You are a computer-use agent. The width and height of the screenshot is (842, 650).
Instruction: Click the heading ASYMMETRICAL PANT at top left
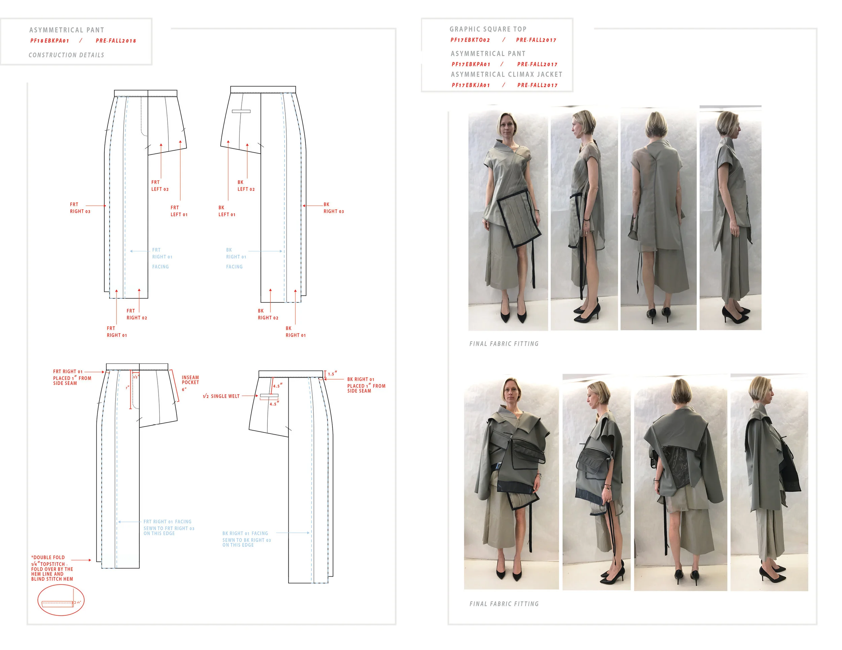click(67, 30)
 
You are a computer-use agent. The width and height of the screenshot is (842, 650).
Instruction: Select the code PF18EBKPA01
click(50, 41)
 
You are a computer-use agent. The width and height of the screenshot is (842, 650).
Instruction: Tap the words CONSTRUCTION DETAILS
click(66, 55)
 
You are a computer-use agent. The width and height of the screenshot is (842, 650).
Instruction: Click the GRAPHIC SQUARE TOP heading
click(488, 29)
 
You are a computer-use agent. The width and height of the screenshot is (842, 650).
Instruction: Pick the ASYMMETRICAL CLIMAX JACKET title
click(506, 74)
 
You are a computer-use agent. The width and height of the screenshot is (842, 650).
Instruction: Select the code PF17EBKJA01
click(471, 85)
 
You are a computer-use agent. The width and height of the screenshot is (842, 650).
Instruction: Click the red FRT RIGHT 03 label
click(80, 208)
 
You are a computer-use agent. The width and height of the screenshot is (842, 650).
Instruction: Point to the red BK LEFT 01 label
click(227, 211)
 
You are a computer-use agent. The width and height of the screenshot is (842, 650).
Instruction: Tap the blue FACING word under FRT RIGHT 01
click(160, 266)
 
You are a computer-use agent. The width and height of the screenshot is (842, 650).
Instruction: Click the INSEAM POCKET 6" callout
click(190, 383)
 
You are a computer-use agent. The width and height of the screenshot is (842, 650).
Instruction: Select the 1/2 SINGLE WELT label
click(221, 396)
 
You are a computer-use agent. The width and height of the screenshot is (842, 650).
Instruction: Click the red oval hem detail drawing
click(61, 600)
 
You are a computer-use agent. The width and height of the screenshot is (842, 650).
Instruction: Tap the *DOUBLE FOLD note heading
click(48, 557)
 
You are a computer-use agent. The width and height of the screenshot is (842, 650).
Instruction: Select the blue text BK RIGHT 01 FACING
click(245, 533)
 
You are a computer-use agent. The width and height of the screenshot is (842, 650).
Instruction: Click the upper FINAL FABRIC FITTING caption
click(504, 344)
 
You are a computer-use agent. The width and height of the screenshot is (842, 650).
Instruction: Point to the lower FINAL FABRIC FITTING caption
click(504, 604)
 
